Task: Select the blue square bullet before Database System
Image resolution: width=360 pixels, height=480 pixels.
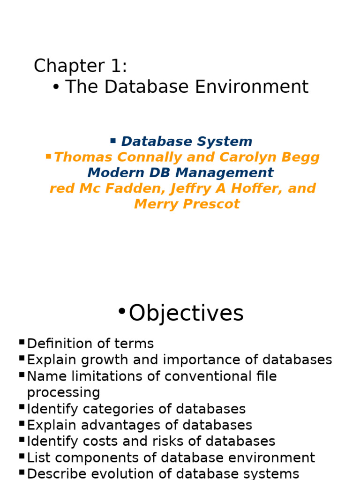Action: [x=113, y=140]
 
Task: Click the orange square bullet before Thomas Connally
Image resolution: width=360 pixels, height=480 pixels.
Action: [x=48, y=156]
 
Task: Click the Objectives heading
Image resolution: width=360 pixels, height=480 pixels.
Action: [x=186, y=313]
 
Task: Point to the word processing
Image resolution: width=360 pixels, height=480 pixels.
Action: [x=63, y=393]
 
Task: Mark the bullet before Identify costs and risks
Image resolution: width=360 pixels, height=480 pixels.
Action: [x=22, y=440]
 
